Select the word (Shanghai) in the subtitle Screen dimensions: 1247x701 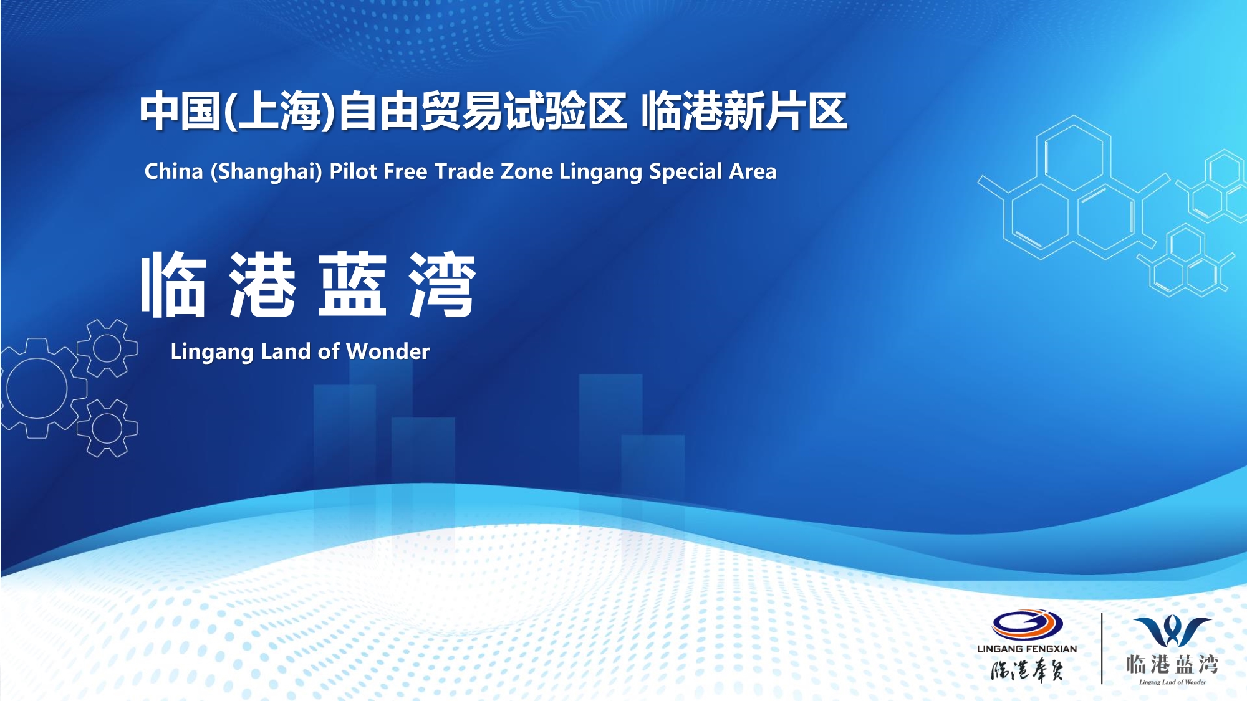tap(266, 172)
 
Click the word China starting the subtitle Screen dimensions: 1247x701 tap(174, 171)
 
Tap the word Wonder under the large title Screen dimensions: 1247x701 tap(388, 351)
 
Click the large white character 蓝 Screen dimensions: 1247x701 tap(353, 284)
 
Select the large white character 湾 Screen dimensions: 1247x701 tap(443, 284)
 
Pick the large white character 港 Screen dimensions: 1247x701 tap(262, 284)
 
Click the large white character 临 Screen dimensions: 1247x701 tap(173, 284)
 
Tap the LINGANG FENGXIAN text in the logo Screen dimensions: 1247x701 tap(1027, 649)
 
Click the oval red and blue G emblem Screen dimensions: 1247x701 tap(1028, 624)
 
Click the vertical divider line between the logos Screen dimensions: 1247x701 tap(1102, 649)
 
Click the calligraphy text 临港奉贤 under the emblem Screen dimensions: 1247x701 tap(1028, 670)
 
